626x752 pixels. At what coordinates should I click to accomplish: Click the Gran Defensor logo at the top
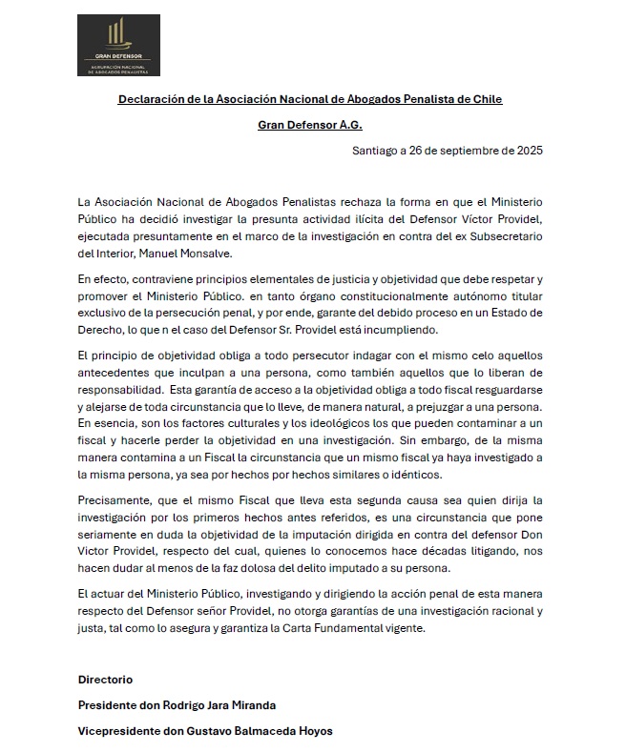click(118, 43)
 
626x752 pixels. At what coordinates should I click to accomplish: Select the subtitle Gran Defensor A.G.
click(310, 125)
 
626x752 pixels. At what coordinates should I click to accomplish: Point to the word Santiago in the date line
click(378, 151)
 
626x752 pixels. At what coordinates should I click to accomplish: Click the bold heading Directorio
click(105, 680)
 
